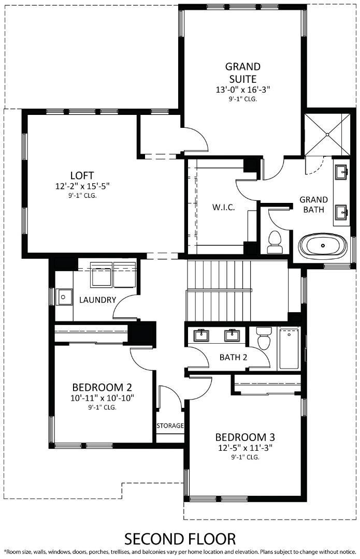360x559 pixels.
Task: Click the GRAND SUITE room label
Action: (x=242, y=73)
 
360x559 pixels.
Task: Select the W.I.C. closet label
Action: (x=224, y=207)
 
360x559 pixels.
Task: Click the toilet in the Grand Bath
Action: (x=275, y=241)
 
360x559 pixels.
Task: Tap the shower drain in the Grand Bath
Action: (x=327, y=134)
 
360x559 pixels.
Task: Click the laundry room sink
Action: (x=65, y=297)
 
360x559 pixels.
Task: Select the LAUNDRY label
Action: (x=97, y=300)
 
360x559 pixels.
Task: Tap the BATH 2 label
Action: (x=234, y=357)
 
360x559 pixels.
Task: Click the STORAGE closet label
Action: (x=170, y=425)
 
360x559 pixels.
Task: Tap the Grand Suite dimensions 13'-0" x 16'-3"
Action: (x=243, y=90)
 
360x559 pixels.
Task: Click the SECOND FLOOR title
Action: (x=180, y=538)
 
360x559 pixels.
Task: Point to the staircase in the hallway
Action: (x=236, y=290)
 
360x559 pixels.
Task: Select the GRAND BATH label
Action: (x=314, y=204)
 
